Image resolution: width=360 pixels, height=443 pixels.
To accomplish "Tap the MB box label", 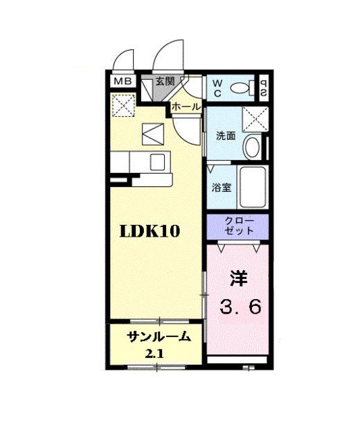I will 122,82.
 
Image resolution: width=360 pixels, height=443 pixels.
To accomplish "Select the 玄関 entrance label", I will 165,81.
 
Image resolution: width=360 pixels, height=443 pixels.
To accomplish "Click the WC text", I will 217,87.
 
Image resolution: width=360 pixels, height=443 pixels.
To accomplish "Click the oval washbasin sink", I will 251,147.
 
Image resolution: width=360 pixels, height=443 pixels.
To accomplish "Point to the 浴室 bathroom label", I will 221,187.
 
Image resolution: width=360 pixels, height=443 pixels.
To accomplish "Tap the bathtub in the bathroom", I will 253,186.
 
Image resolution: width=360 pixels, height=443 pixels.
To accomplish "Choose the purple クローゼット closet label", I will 237,226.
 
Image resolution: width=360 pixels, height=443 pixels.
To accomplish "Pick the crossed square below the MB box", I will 124,106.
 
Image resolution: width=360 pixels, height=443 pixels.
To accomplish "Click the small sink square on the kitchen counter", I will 157,162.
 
